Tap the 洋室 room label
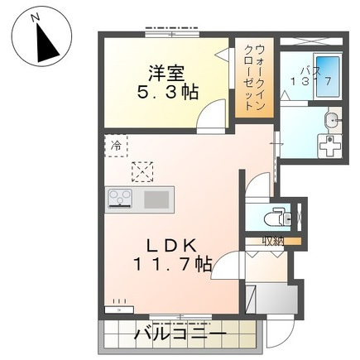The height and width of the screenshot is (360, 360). pyautogui.click(x=166, y=74)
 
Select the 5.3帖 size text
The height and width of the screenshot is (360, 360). pyautogui.click(x=167, y=92)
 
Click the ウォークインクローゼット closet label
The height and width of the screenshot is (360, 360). pyautogui.click(x=255, y=79)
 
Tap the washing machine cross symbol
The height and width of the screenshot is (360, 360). pyautogui.click(x=330, y=146)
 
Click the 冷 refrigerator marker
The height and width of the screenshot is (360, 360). pyautogui.click(x=116, y=146)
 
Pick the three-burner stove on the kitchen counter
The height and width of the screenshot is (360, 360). pyautogui.click(x=120, y=199)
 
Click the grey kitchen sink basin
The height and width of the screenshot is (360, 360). pyautogui.click(x=156, y=199)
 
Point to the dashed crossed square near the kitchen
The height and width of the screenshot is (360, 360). pyautogui.click(x=142, y=172)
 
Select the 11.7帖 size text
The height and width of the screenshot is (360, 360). pyautogui.click(x=173, y=265)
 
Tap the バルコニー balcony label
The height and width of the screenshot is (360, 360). pyautogui.click(x=180, y=334)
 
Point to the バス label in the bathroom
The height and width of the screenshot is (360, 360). pyautogui.click(x=311, y=70)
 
